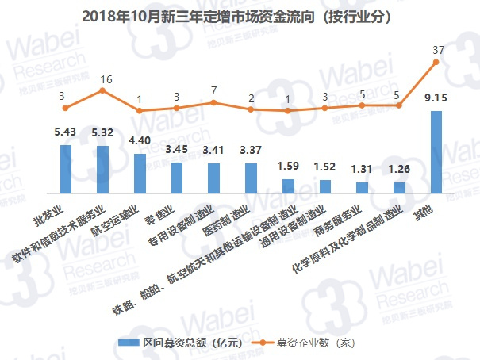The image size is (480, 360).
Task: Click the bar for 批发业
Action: pos(65,170)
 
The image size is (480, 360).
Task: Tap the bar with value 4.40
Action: pos(140,174)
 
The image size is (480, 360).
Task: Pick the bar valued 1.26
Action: pos(399,188)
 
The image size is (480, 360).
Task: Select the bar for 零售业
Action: pos(176,178)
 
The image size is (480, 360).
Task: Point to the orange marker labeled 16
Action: pos(102,91)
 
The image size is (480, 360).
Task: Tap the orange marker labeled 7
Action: pos(213,102)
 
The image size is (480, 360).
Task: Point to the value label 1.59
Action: pos(288,167)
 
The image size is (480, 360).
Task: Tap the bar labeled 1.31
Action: pos(362,187)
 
